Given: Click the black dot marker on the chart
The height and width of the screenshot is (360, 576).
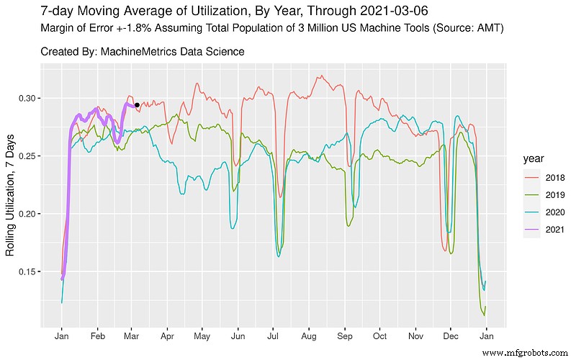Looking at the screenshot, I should (x=137, y=105).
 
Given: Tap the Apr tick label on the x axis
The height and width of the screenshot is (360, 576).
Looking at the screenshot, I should (x=167, y=336).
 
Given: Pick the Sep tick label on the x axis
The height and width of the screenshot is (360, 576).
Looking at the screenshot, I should (x=345, y=336).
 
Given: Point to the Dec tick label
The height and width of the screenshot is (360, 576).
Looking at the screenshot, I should (x=451, y=336).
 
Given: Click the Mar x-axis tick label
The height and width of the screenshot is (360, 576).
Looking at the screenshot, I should (x=131, y=336).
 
